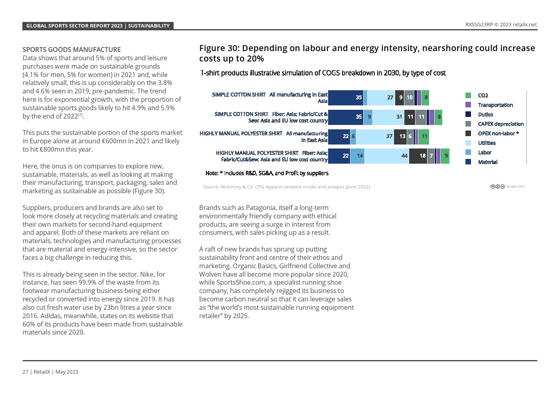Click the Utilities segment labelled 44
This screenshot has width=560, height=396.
click(x=387, y=156)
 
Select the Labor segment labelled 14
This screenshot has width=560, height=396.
click(x=357, y=156)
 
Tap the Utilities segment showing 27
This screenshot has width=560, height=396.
click(x=381, y=97)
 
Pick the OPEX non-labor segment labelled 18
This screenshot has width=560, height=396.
click(x=418, y=156)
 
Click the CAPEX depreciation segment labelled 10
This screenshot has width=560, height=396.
click(x=409, y=97)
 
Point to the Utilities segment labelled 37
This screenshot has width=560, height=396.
click(x=375, y=137)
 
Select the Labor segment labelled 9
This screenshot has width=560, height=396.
click(x=368, y=117)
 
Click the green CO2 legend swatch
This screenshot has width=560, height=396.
click(x=468, y=95)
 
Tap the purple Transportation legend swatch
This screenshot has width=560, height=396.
click(x=468, y=105)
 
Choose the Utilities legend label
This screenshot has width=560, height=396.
click(x=487, y=143)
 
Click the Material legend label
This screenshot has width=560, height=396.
click(x=487, y=162)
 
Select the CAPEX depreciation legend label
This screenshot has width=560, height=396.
click(x=501, y=124)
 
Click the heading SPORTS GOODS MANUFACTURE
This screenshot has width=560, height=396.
click(x=71, y=49)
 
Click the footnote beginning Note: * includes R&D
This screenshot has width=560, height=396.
click(x=267, y=173)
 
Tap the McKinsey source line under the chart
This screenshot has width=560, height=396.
click(x=286, y=187)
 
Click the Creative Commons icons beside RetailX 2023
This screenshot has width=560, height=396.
click(x=497, y=186)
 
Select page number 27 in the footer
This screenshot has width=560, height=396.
click(x=25, y=372)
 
